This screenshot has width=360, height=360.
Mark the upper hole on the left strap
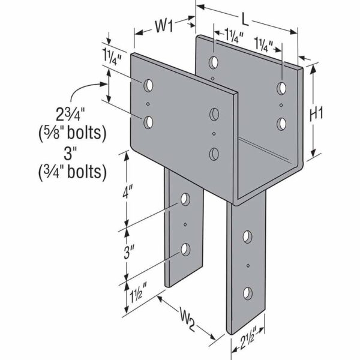point(185,199)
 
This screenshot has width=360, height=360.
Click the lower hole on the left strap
point(185,248)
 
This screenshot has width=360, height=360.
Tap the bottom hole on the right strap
point(247,293)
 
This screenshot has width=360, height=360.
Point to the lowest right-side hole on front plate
point(214,154)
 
